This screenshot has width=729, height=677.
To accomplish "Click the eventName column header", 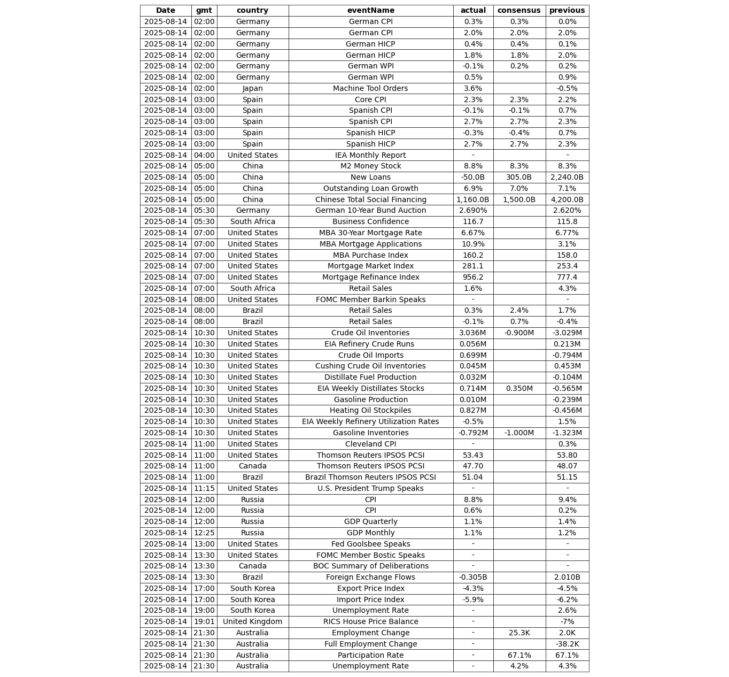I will tap(370, 11).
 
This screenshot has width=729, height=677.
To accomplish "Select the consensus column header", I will tap(519, 11).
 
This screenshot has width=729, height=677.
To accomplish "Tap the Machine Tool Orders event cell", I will tap(370, 88).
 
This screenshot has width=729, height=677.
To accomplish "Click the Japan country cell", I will tap(252, 88).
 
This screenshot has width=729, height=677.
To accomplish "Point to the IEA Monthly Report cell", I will tap(370, 155).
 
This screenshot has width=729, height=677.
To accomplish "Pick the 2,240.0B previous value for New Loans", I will tap(567, 178).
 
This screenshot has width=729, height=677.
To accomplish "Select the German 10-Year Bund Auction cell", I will tap(370, 211).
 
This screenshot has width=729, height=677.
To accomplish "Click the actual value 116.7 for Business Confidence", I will tap(473, 222).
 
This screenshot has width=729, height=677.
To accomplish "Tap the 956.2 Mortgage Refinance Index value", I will tap(473, 278).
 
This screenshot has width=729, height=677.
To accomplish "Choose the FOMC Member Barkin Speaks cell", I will tap(370, 299).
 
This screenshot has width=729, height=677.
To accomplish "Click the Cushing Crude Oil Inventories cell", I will tap(370, 366).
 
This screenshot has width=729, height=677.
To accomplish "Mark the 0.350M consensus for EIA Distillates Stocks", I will tap(519, 389).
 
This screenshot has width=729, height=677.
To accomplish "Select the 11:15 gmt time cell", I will tap(204, 488).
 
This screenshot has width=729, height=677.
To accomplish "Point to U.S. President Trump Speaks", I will tap(370, 488).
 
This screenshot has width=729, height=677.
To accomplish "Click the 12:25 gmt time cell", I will tap(204, 533).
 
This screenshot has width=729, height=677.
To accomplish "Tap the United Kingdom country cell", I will tap(252, 622).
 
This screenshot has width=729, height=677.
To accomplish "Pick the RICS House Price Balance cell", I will tap(370, 622).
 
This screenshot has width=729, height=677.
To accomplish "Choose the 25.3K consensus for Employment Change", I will tap(519, 633).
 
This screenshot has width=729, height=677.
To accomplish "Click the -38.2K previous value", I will tap(567, 644).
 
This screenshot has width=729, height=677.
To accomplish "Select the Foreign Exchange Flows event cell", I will tap(370, 578).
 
